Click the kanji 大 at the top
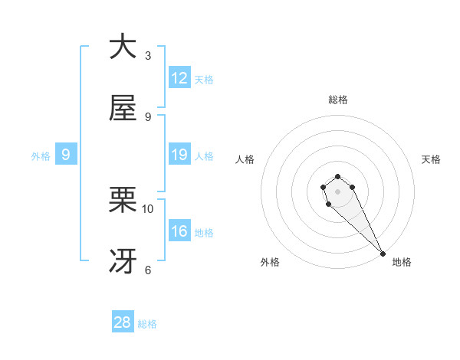(x=123, y=47)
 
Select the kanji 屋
(x=123, y=108)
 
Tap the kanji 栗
(x=123, y=201)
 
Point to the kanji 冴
(x=123, y=262)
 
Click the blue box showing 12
(x=179, y=78)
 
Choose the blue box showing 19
(x=179, y=155)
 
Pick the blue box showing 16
(x=179, y=231)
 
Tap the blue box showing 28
(x=123, y=322)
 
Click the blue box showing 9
(x=66, y=155)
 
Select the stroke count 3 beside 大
(x=148, y=55)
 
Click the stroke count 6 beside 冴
(x=148, y=270)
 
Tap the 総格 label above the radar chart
(x=338, y=100)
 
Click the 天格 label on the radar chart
(x=431, y=159)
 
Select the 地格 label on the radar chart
(x=402, y=262)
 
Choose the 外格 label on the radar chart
(x=270, y=262)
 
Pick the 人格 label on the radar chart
(x=245, y=159)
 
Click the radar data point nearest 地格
(x=382, y=254)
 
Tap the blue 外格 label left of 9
(x=41, y=155)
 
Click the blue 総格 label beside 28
(x=147, y=323)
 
